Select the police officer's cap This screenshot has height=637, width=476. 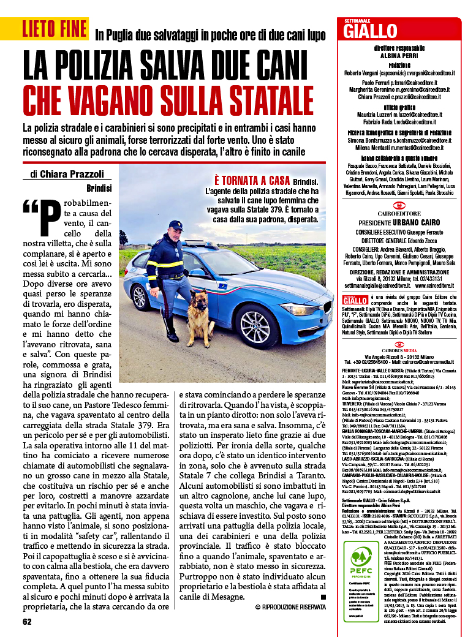[x=176, y=225]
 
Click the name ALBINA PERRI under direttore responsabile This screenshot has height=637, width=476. [x=399, y=55]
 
